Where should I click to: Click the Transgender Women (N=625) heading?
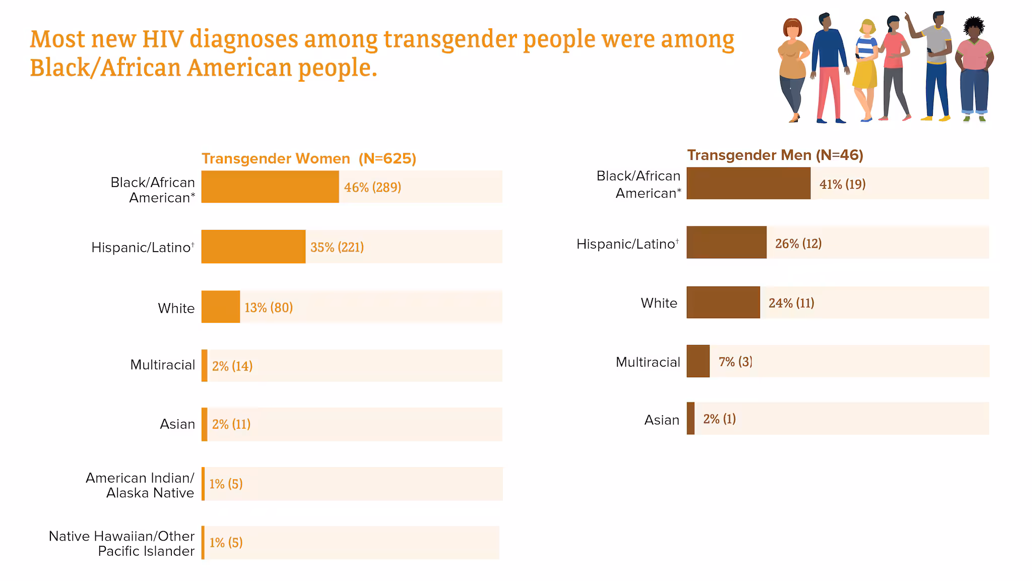click(309, 159)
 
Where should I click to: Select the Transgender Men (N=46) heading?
click(775, 155)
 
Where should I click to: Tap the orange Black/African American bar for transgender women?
click(270, 187)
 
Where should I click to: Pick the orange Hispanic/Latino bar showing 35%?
click(253, 247)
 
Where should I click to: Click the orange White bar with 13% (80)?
click(221, 307)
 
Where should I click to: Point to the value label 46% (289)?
click(372, 188)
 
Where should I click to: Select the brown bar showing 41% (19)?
click(748, 184)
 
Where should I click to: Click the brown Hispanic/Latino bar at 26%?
click(726, 243)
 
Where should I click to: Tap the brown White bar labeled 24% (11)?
click(723, 303)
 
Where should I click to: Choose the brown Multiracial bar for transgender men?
click(698, 361)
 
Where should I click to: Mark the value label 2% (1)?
click(719, 419)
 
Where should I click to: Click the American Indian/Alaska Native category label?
click(140, 485)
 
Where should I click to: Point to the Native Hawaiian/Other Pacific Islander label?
click(121, 544)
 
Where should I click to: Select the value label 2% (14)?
click(232, 366)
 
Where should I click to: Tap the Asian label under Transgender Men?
click(662, 420)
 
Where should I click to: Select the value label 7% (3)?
click(735, 362)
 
